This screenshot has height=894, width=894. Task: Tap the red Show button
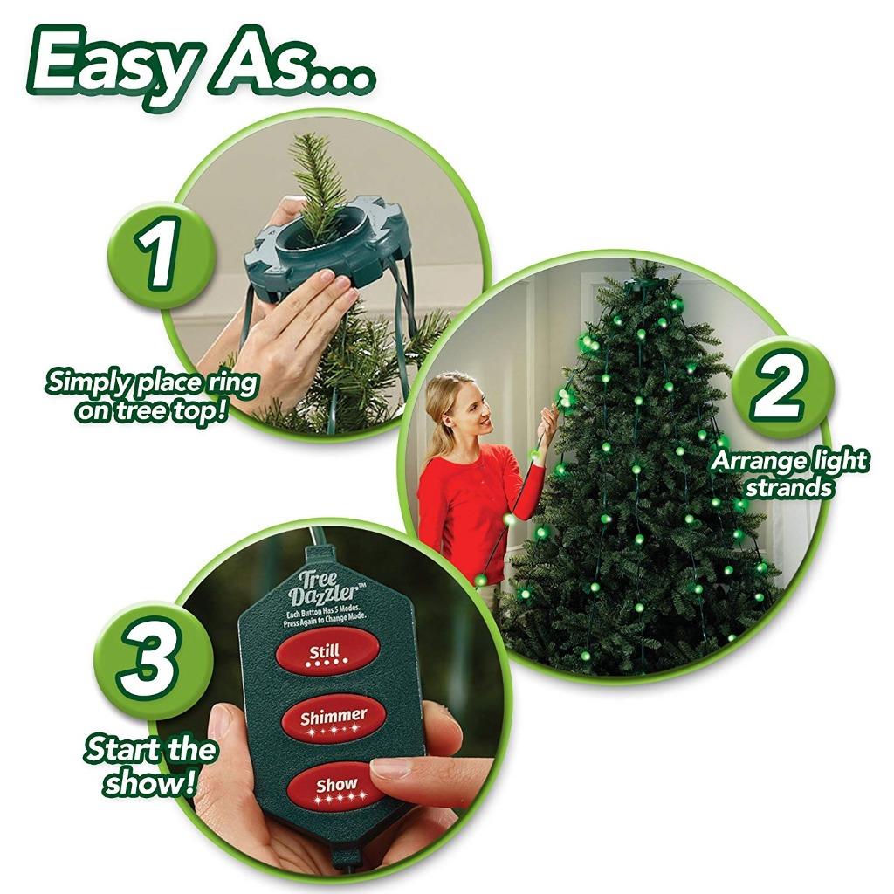click(336, 787)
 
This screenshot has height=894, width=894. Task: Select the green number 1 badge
click(159, 254)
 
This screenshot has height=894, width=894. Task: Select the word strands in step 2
click(788, 487)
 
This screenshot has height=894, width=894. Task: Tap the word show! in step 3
click(148, 782)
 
